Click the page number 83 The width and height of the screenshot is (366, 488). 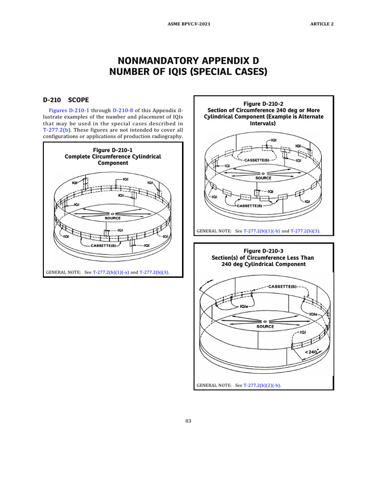click(x=188, y=421)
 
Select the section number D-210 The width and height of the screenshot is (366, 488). click(x=52, y=101)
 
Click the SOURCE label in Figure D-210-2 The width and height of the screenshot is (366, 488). click(x=264, y=178)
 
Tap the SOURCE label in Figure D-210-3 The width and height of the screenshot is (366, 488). click(x=265, y=326)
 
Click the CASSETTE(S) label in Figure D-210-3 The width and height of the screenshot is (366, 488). click(x=283, y=286)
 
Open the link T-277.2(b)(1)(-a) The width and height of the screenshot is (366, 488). click(x=111, y=273)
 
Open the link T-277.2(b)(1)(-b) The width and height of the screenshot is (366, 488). click(x=262, y=231)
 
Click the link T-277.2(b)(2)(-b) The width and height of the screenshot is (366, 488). click(x=262, y=385)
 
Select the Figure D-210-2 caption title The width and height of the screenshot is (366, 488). click(x=264, y=103)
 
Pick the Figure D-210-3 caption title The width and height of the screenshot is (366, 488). click(x=263, y=251)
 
